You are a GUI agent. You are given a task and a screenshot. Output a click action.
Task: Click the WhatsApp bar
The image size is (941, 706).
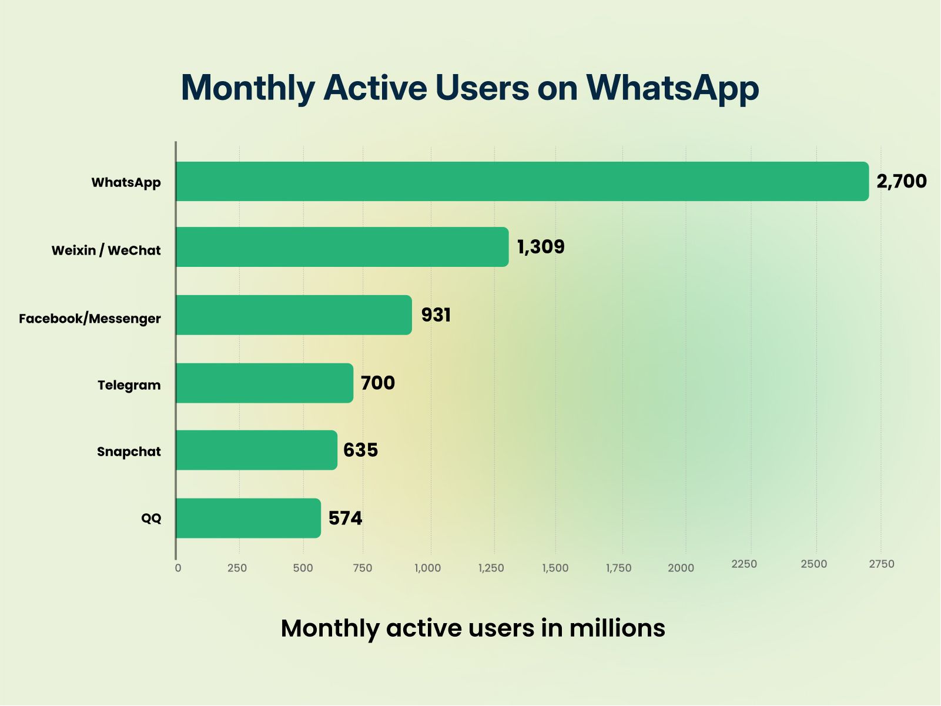(x=522, y=182)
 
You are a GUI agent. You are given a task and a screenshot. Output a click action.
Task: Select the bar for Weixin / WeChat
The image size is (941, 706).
(x=342, y=247)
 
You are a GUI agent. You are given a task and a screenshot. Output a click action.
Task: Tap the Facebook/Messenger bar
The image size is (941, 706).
(x=294, y=315)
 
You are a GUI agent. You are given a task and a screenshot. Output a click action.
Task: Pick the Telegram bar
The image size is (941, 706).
(x=264, y=383)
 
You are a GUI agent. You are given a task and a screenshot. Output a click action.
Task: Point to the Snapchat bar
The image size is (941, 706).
(x=256, y=450)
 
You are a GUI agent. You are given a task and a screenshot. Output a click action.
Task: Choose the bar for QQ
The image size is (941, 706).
(x=248, y=518)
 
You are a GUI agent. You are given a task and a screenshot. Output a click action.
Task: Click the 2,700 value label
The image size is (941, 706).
(x=901, y=182)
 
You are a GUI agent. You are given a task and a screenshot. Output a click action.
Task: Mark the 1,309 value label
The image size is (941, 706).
(x=541, y=247)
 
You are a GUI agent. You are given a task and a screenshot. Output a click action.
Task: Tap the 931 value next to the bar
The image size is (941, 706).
(x=436, y=315)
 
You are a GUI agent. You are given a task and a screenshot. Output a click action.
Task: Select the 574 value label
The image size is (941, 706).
(x=345, y=518)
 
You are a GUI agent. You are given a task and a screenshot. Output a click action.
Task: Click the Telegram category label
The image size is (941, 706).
(x=129, y=386)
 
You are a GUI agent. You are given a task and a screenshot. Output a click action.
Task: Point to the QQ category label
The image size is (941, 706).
(x=151, y=518)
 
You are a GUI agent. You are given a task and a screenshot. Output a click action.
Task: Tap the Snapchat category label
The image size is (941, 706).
(x=129, y=452)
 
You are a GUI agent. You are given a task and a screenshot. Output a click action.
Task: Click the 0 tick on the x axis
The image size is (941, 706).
(x=178, y=568)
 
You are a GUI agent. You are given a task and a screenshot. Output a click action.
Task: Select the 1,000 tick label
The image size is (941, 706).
(x=428, y=568)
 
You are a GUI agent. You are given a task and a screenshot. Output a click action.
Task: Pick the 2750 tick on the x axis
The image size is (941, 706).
(x=882, y=564)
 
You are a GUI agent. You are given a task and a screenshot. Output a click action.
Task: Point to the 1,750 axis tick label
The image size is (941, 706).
(x=619, y=568)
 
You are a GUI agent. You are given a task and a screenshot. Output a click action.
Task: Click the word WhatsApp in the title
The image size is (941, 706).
(x=672, y=88)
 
